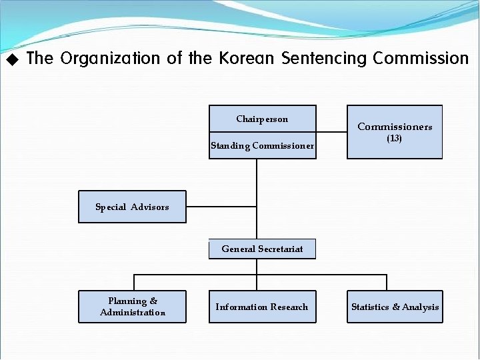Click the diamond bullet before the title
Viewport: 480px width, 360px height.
click(11, 60)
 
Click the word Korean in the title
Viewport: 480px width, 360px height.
click(246, 59)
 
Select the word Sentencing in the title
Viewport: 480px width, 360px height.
click(325, 59)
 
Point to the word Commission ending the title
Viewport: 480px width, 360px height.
click(421, 59)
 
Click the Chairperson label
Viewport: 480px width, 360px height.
click(262, 119)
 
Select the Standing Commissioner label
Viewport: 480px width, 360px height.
click(262, 146)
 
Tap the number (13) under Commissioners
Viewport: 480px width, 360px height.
click(394, 139)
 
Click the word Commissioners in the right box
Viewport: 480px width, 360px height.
click(395, 127)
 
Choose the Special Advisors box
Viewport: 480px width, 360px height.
click(132, 207)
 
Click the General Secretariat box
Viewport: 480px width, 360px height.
click(262, 249)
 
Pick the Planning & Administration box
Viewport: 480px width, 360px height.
click(132, 307)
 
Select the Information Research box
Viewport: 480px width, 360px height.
click(262, 307)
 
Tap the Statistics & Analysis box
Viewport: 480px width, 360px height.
click(395, 307)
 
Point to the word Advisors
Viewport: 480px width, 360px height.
click(150, 207)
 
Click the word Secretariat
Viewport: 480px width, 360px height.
click(281, 249)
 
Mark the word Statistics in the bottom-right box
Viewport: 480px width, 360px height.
click(370, 307)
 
